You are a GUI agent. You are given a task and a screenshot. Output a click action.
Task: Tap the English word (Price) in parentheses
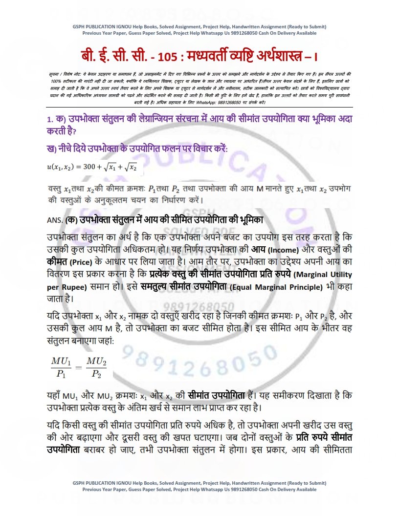(84, 262)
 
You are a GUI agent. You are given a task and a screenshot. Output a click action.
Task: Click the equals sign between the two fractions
(78, 367)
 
